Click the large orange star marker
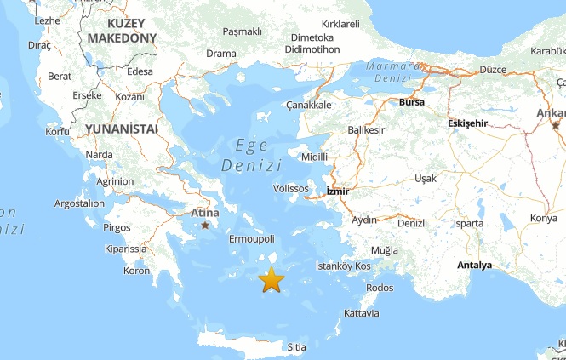[x=271, y=279]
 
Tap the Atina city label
[x=204, y=212]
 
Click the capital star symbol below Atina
[x=205, y=226]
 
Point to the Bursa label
[x=411, y=103]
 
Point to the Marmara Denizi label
[x=393, y=72]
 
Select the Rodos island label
[x=379, y=288]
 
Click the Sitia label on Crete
[x=296, y=347]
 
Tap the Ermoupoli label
[x=252, y=239]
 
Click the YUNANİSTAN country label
[x=121, y=129]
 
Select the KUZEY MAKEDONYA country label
[x=122, y=30]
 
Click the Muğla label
[x=384, y=250]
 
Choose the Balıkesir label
[x=367, y=130]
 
